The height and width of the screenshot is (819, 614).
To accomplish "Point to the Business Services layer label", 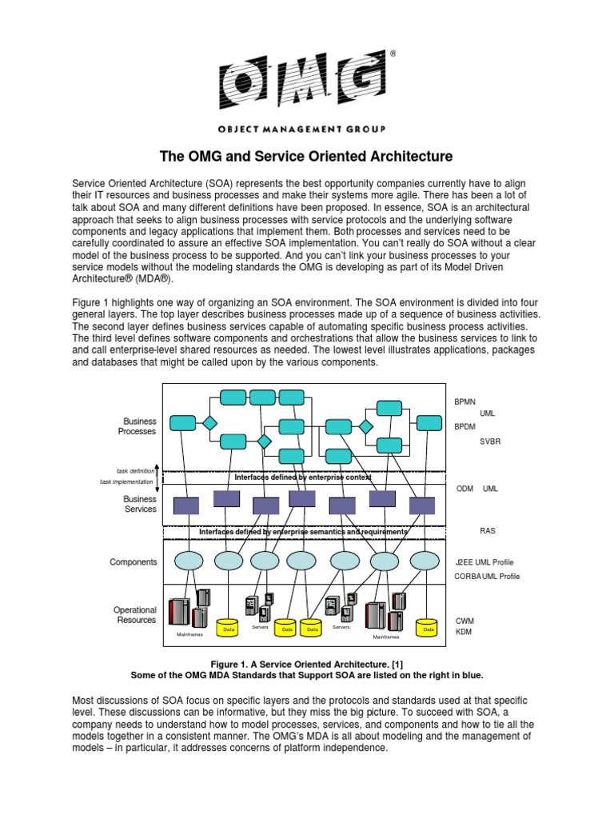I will tap(140, 504).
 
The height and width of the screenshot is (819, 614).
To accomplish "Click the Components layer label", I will tap(134, 562).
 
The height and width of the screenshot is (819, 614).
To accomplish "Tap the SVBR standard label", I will tap(490, 441).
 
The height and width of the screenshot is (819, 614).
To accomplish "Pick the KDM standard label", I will tap(464, 633).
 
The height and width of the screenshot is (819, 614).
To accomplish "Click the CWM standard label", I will tap(465, 621).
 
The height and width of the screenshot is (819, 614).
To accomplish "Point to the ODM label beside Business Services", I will tap(464, 488).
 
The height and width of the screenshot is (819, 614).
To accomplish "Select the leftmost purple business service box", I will tap(186, 505).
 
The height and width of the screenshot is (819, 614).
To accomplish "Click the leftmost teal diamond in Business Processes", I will tap(209, 423).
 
